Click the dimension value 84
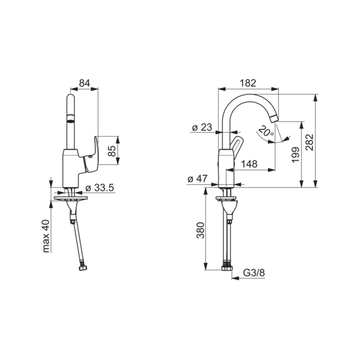(x=85, y=83)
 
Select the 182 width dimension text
(x=248, y=83)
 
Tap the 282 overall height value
(x=310, y=142)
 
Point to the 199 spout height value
(x=295, y=155)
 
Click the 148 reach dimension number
(x=249, y=164)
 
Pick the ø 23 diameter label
(x=202, y=127)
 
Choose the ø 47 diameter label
(x=198, y=179)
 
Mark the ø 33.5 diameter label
(x=100, y=188)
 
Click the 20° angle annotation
(x=266, y=131)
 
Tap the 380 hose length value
(x=200, y=230)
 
